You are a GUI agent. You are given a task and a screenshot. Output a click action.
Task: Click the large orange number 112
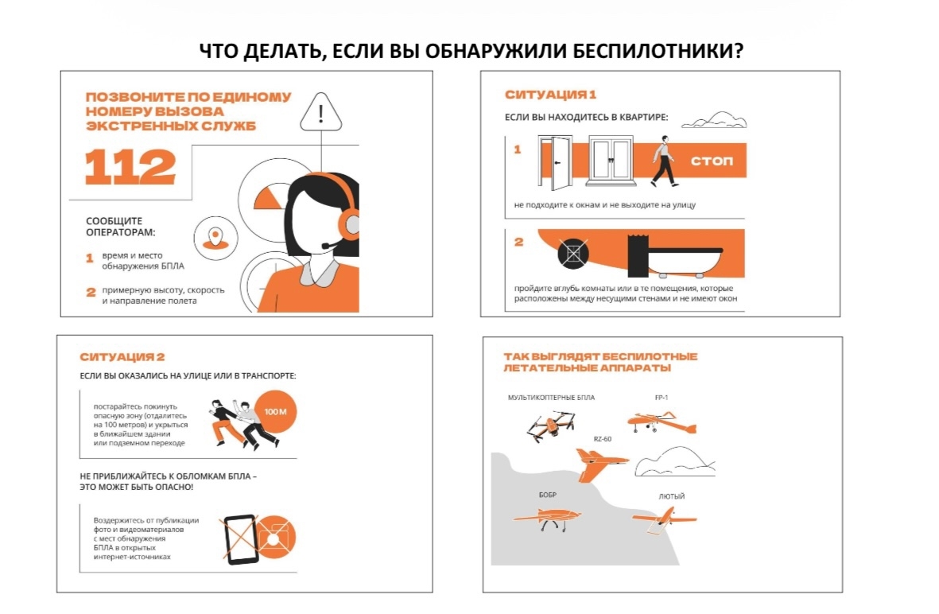(130, 166)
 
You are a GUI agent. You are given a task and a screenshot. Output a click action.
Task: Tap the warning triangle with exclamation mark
(321, 113)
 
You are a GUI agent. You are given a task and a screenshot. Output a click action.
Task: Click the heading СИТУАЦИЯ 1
(550, 95)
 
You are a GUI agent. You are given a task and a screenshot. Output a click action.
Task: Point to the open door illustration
(555, 161)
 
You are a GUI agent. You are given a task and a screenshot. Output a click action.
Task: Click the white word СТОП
(712, 161)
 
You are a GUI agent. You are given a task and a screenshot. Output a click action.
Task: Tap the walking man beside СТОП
(665, 161)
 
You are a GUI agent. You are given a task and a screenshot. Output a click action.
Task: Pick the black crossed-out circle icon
(573, 254)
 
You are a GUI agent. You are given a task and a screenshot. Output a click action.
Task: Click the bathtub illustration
(677, 258)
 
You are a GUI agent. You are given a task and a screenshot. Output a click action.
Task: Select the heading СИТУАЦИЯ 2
(122, 357)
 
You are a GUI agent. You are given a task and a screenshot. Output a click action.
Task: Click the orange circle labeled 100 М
(275, 411)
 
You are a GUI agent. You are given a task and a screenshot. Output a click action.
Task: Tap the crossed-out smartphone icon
(241, 539)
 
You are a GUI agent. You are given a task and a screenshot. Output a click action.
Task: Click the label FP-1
(662, 397)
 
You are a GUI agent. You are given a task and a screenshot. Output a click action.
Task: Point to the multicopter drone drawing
(550, 425)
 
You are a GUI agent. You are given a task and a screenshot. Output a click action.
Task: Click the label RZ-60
(603, 439)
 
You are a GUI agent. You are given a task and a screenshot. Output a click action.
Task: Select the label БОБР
(547, 495)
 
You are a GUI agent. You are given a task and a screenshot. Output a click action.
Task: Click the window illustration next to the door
(610, 161)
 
